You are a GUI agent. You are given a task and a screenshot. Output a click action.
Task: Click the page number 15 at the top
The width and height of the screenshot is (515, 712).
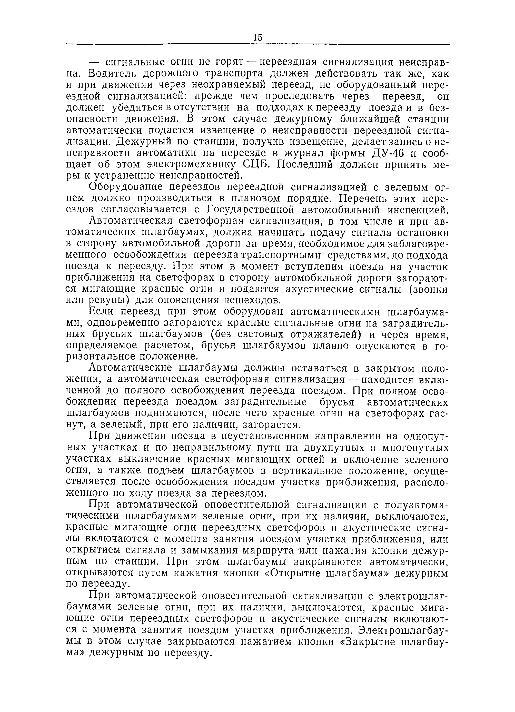[258, 37]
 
